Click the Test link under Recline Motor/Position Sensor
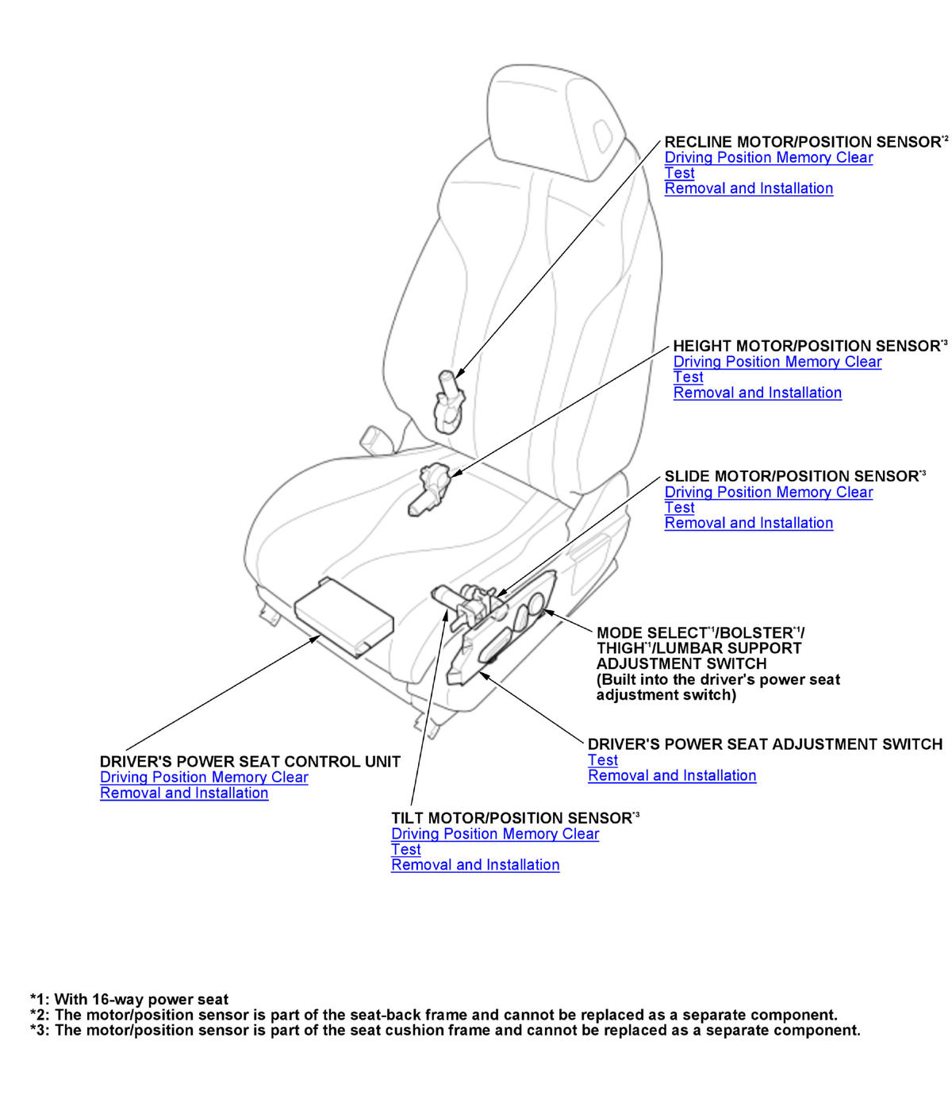coord(679,173)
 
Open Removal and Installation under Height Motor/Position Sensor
coord(757,393)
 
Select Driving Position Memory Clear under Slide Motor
coord(768,492)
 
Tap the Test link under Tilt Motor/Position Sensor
coord(405,850)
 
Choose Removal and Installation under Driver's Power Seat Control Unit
coord(184,793)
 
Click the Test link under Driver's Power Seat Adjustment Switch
coord(602,760)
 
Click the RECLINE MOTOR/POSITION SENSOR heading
coord(801,142)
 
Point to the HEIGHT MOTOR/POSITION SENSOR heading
coord(806,346)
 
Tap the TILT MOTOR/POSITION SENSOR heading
coord(511,818)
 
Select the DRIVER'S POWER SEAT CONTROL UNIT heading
coord(250,762)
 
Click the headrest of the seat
coord(555,119)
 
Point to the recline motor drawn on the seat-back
coord(449,401)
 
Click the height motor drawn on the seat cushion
coord(428,488)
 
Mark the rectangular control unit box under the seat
coord(343,615)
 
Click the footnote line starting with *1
coord(129,1000)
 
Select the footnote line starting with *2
coord(433,1015)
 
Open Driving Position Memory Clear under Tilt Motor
coord(494,834)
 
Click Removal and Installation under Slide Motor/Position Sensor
coord(748,523)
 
